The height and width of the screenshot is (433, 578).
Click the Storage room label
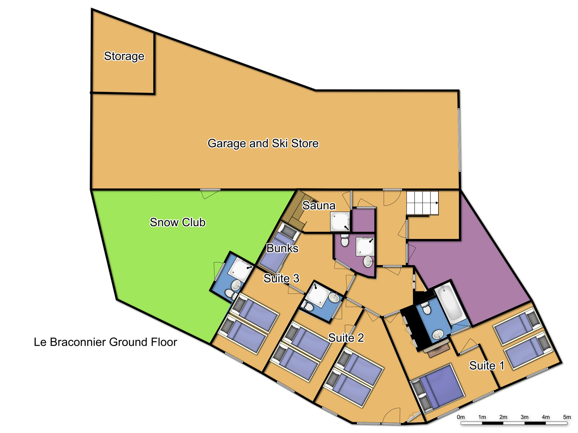coord(124,56)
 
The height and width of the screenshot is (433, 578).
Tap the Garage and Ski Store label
coord(263,144)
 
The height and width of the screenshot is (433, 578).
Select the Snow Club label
coord(178,222)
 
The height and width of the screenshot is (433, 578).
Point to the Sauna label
coord(319,206)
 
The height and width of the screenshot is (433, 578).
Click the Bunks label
coord(282,248)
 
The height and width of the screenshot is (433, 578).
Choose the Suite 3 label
coord(281,278)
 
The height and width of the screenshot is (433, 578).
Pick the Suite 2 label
coord(346,338)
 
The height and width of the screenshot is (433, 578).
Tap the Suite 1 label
coord(487,366)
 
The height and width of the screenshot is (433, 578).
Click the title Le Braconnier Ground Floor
coord(105,342)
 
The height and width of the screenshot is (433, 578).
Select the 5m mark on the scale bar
coord(567,417)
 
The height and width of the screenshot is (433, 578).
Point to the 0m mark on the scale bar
coord(460,417)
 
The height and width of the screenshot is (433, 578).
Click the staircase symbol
coord(422,203)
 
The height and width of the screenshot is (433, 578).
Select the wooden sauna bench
coord(294,210)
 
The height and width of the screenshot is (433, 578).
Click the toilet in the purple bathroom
coord(344,240)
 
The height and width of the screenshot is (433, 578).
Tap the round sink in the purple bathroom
coord(368,261)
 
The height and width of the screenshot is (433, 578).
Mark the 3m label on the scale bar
coord(524,417)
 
